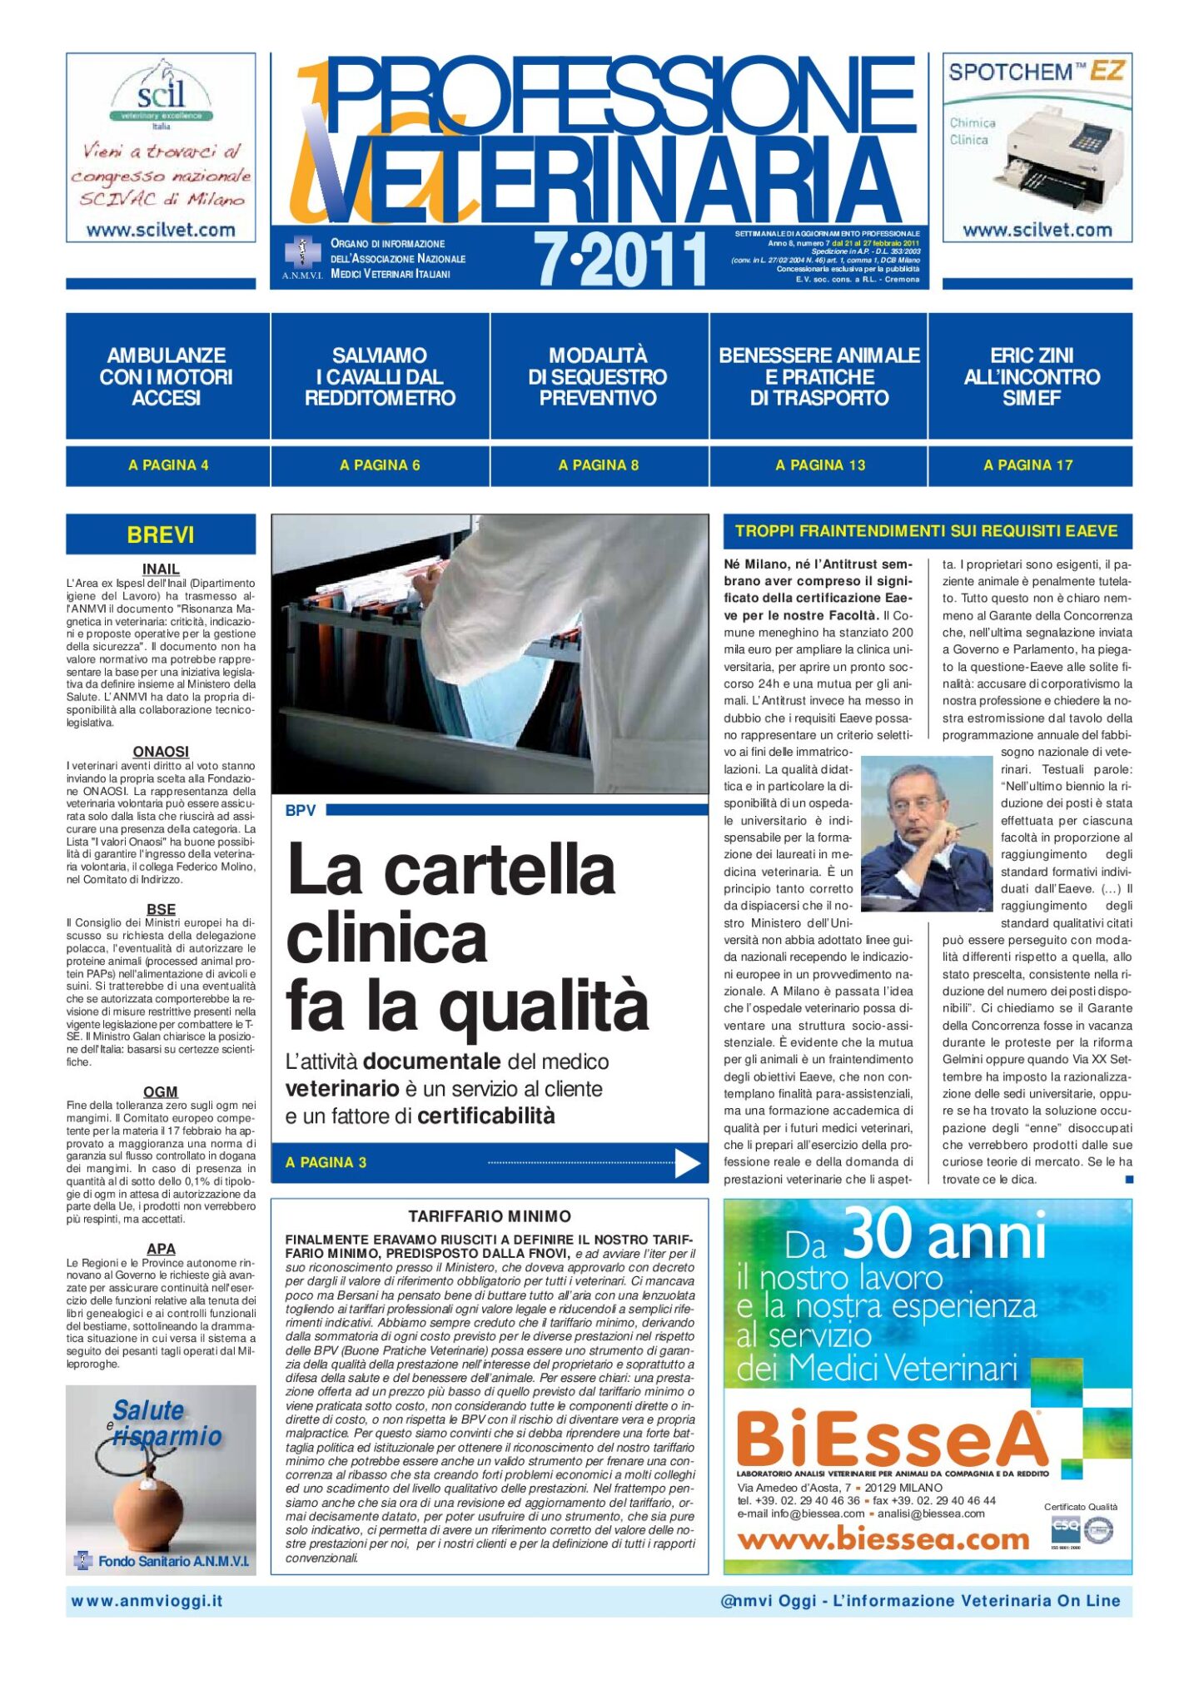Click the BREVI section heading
[x=161, y=534]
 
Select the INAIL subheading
[x=161, y=569]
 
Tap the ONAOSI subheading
[x=161, y=752]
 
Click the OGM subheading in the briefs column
[x=161, y=1091]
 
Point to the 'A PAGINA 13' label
[x=820, y=465]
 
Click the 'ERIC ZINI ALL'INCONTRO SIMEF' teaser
[x=1032, y=376]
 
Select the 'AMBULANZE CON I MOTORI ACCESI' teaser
[x=167, y=376]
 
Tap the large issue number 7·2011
[x=620, y=259]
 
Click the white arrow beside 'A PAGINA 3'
[x=687, y=1163]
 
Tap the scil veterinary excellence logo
[x=161, y=94]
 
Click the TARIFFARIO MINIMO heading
[x=490, y=1216]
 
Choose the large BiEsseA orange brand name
[x=892, y=1439]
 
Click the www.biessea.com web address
[x=883, y=1539]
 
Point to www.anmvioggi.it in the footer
[x=147, y=1601]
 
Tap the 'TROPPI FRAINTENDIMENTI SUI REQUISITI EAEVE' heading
[x=926, y=531]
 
